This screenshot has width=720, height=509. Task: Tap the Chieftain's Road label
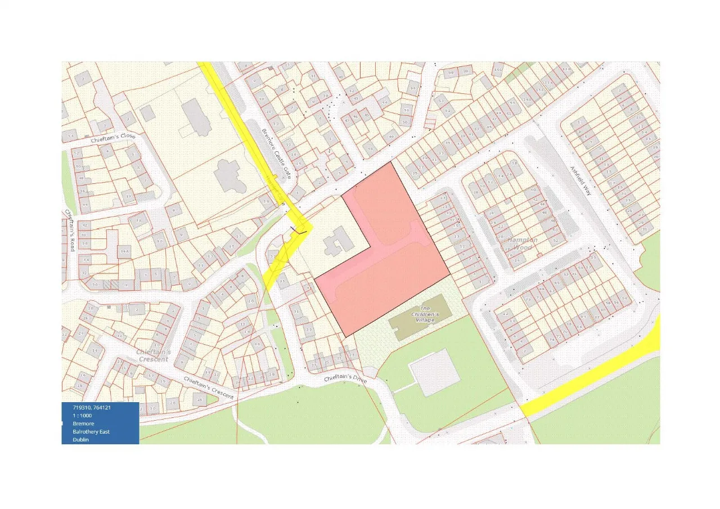[x=70, y=230]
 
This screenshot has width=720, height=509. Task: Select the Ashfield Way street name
[x=580, y=180]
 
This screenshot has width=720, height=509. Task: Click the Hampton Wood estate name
[x=523, y=244]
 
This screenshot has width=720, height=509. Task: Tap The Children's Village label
[x=425, y=314]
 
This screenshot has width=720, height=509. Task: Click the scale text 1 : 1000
[x=82, y=415]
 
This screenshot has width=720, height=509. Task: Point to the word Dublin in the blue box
[x=81, y=440]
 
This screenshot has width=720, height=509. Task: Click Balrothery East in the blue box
[x=91, y=431]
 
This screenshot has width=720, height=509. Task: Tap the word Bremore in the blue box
[x=83, y=424]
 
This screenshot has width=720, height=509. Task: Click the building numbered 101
[x=497, y=71]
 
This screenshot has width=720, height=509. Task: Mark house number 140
[x=527, y=100]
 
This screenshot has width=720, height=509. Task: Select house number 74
[x=552, y=339]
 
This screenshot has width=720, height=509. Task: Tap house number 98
[x=450, y=73]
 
